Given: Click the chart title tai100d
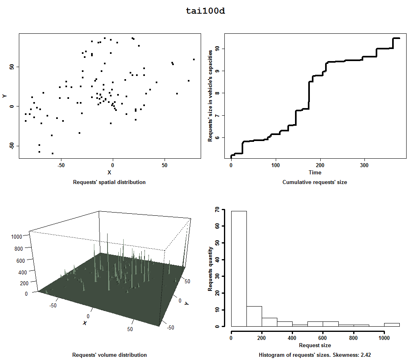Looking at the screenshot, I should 205,11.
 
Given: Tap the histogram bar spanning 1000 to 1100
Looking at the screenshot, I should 392,325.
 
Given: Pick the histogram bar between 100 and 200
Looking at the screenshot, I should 254,316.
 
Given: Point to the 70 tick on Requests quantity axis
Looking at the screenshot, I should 217,209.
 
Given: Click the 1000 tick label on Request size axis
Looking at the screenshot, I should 384,338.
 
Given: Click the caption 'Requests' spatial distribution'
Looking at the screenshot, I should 109,182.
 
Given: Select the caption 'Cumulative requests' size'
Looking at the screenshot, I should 315,182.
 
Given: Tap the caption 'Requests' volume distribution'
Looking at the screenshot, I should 109,355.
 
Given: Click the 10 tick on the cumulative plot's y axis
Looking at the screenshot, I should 217,49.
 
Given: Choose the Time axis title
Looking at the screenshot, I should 315,172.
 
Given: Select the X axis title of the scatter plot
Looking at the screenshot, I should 109,172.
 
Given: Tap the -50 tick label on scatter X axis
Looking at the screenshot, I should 61,165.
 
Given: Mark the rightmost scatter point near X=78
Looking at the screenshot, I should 194,59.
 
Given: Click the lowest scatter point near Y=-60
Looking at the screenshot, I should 53,153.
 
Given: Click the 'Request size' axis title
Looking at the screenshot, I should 315,345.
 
